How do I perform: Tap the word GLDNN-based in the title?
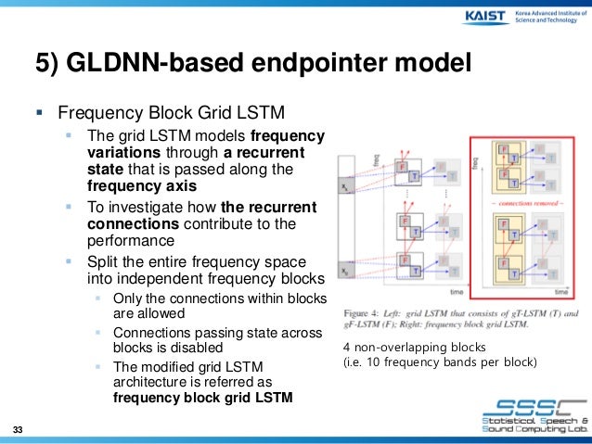(x=142, y=62)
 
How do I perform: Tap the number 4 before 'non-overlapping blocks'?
(x=346, y=347)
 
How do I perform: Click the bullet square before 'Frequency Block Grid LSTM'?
(x=39, y=116)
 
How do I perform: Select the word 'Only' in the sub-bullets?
(x=126, y=298)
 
